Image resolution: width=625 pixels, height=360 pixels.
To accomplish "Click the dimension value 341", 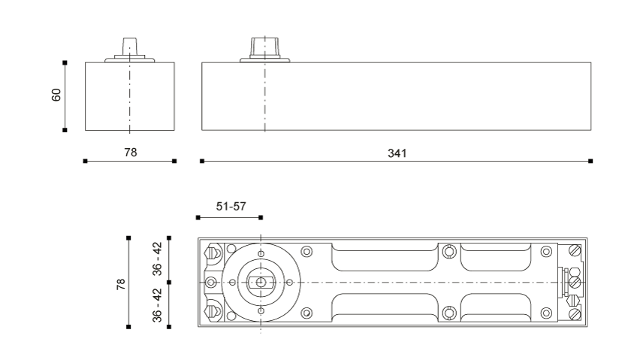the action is point(397,153).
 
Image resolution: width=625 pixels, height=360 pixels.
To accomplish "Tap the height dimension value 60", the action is point(56,95).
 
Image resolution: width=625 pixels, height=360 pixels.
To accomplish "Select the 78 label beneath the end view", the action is point(131,153).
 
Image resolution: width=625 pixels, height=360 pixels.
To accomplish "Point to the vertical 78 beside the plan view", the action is point(121,284).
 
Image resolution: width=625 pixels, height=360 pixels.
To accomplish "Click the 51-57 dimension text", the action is point(231,206).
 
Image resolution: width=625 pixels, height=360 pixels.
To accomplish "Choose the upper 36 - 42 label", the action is point(158,259).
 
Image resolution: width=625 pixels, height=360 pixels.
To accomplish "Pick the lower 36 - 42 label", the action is point(158,305).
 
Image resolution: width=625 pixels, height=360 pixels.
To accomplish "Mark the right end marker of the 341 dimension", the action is point(590,161).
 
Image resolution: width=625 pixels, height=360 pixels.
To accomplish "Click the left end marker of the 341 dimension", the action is point(202,161).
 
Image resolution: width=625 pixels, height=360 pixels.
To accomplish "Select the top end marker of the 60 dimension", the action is point(65,62).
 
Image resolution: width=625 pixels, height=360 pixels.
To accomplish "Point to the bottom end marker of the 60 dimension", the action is point(65,130).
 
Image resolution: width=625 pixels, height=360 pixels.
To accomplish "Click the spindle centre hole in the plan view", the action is point(261,283).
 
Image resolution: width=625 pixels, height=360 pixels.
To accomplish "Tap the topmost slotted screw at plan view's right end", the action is point(575,251).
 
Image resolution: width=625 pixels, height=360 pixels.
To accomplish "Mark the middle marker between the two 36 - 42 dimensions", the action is point(169,283).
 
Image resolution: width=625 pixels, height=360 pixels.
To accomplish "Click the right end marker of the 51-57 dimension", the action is point(261,217).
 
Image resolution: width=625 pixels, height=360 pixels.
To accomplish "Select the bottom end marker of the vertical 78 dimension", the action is point(128,327).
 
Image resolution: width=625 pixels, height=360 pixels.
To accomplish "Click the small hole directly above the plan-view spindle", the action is point(261,254).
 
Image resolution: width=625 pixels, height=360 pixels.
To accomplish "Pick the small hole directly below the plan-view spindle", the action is point(261,311).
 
